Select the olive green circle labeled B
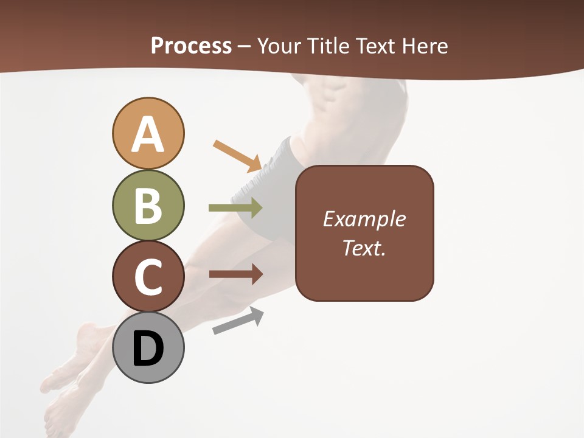click(148, 205)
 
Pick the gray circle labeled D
click(148, 347)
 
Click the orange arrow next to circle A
click(237, 155)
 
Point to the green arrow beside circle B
click(235, 208)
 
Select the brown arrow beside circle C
click(235, 274)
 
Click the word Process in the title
click(191, 46)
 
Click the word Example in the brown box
click(364, 219)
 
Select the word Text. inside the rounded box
click(364, 248)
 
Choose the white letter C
click(148, 277)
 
